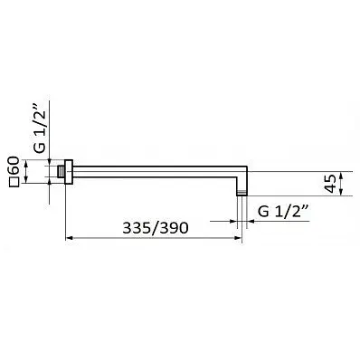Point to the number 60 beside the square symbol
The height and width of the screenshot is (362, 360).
14,167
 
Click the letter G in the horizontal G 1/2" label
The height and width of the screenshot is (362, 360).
263,211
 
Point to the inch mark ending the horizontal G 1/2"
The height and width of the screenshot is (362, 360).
307,207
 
